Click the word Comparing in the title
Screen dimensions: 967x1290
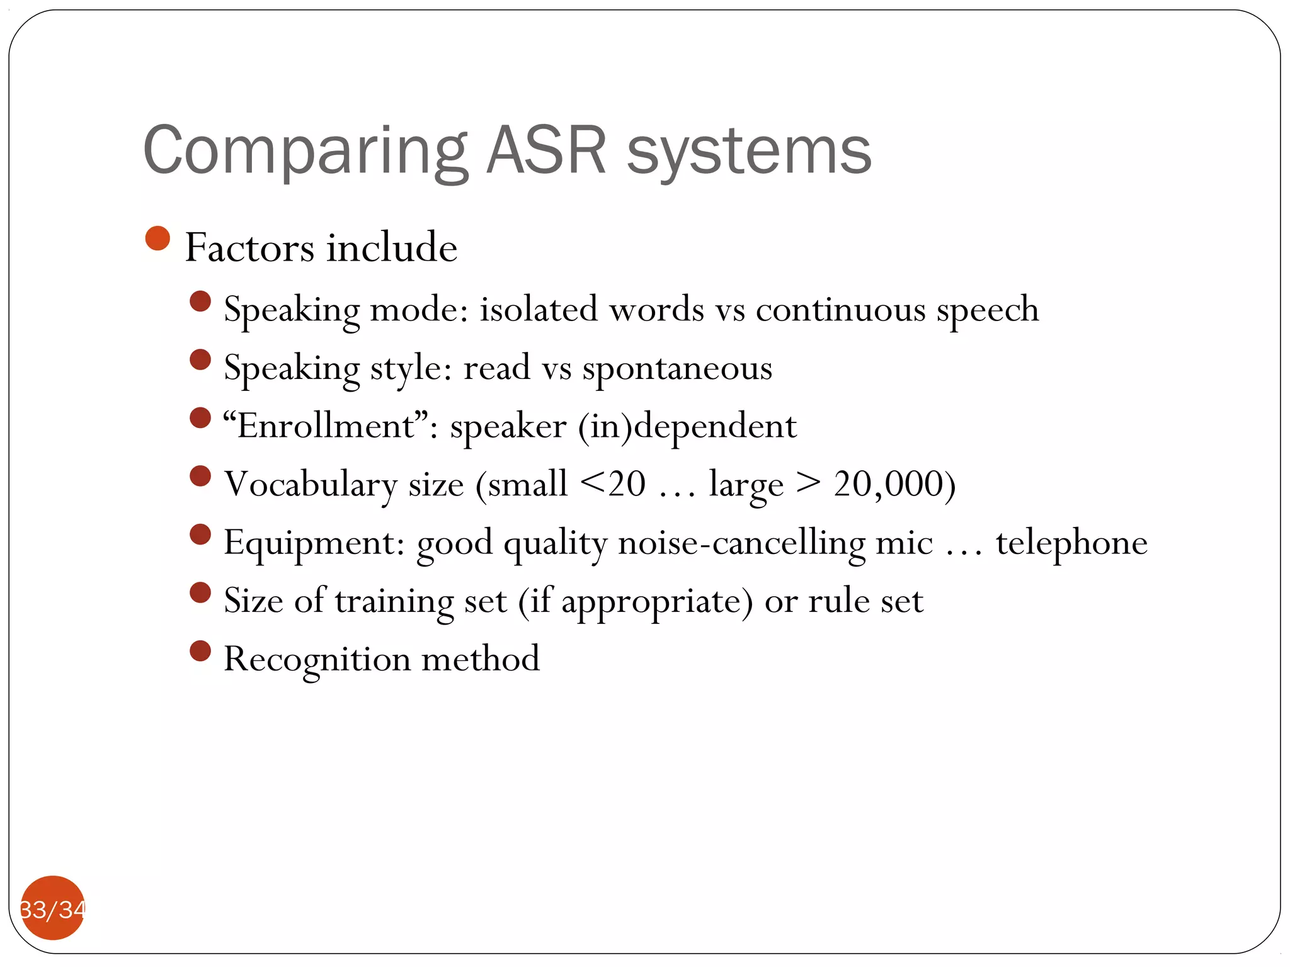[305, 151]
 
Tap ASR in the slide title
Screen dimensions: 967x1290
[547, 151]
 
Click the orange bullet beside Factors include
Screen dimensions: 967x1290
[157, 239]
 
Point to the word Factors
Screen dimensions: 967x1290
[249, 247]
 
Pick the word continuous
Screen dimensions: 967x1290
[840, 309]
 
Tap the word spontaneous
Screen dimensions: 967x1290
[676, 368]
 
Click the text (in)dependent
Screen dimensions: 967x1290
[687, 426]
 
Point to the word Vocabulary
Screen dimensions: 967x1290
[311, 484]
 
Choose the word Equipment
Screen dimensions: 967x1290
[314, 543]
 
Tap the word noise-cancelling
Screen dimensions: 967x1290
[741, 543]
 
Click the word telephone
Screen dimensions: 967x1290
[1071, 543]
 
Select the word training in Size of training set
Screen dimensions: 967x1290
[394, 601]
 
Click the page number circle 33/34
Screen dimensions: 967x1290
[52, 908]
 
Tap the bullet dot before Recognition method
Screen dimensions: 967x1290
[200, 651]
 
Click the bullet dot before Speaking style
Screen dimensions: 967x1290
[200, 360]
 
